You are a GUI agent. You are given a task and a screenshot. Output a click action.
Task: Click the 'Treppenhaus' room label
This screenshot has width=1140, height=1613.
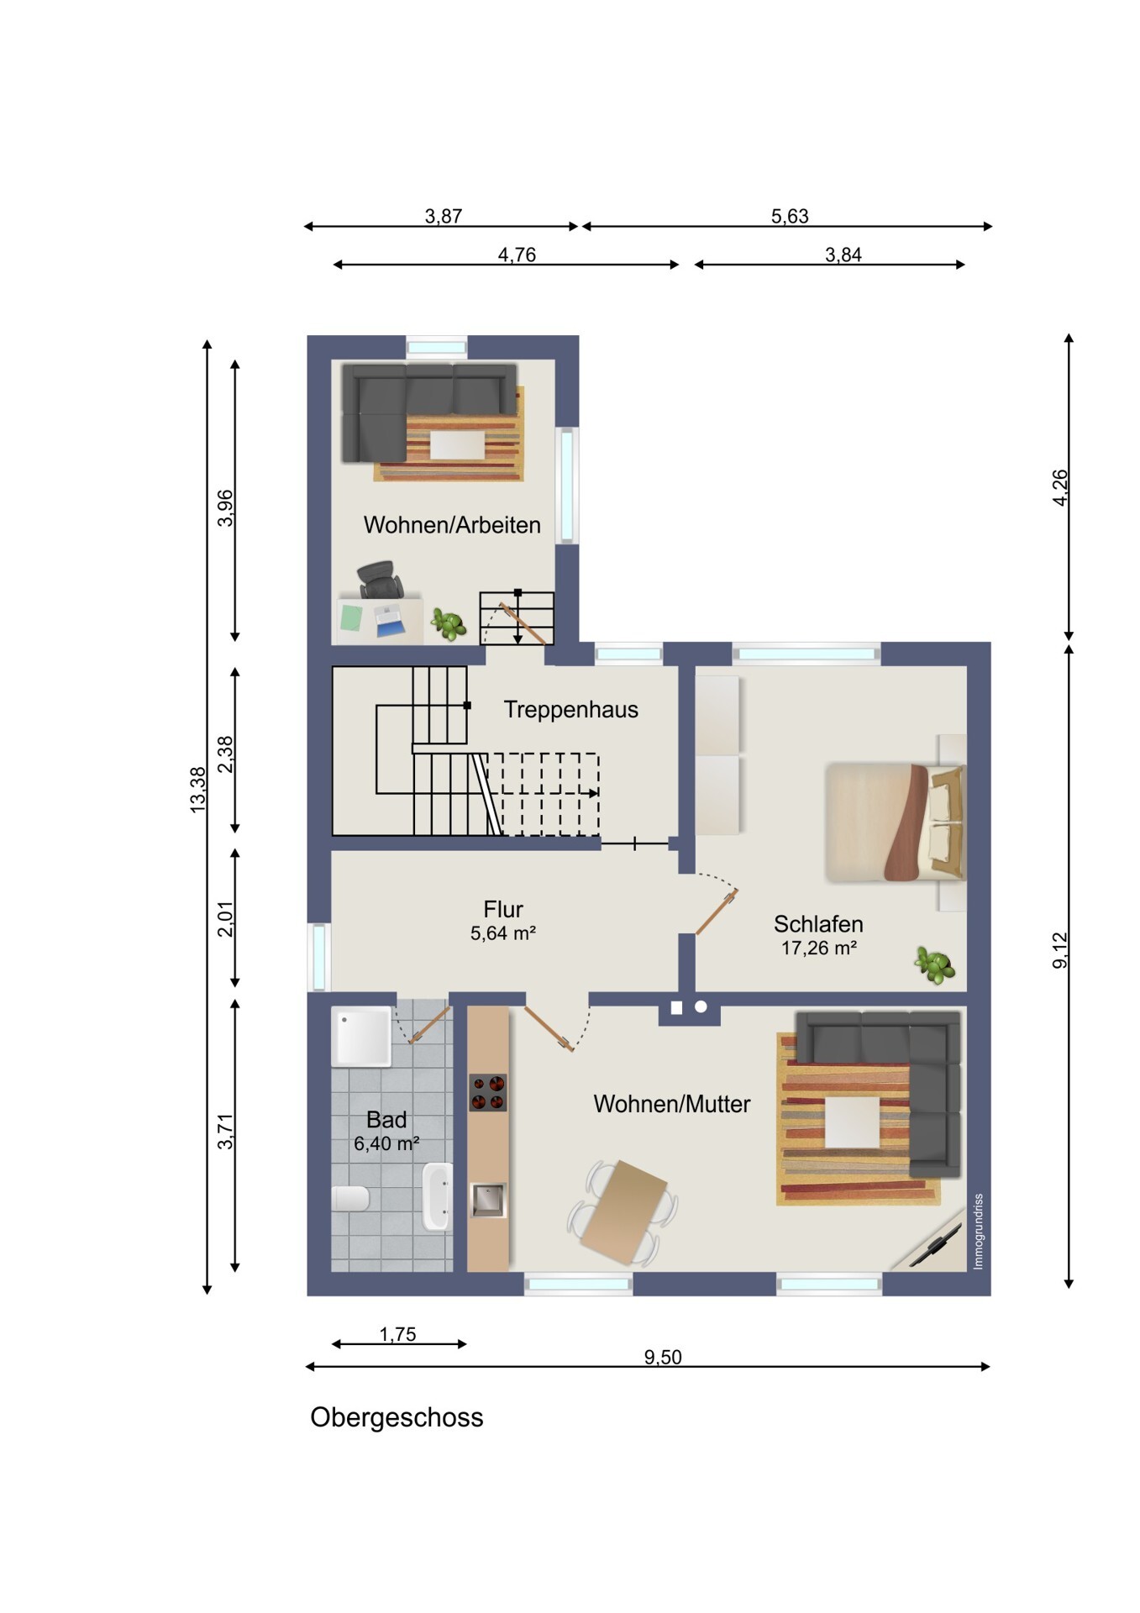point(570,710)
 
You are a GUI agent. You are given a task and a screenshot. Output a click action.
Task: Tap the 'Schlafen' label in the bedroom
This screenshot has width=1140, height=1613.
point(818,924)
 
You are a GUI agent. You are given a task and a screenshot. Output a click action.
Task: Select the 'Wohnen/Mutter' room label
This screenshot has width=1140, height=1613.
point(671,1104)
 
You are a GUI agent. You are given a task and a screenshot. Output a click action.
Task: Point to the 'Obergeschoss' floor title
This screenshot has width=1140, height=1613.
point(397,1417)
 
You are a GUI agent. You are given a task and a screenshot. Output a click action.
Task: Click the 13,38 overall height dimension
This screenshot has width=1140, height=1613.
point(198,790)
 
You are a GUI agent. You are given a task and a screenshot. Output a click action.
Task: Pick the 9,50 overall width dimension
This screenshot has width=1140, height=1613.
point(663,1357)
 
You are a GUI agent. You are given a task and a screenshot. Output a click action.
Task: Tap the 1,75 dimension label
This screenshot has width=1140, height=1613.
point(397,1334)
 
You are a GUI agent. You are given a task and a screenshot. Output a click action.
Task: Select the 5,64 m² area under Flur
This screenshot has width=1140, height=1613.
point(503,933)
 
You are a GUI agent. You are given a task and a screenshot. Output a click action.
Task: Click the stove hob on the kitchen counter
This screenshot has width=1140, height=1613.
point(488,1092)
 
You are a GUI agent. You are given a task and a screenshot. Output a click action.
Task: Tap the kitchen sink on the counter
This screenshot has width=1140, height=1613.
point(488,1200)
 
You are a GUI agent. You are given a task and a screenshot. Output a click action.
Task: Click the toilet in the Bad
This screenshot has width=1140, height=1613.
point(350,1198)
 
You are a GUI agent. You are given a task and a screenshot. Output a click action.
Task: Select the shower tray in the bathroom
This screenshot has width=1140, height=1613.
point(362,1037)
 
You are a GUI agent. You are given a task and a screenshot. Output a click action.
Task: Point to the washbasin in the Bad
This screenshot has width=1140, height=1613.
point(438,1196)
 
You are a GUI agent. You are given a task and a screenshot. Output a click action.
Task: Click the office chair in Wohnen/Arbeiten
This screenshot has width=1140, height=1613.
point(380,579)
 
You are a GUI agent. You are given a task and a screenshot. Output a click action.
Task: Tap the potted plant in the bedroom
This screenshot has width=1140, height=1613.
point(935,964)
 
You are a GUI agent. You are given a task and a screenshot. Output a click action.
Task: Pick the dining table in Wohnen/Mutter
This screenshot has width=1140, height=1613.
point(623,1212)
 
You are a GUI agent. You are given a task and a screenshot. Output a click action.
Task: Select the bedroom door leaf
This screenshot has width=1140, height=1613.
point(717,912)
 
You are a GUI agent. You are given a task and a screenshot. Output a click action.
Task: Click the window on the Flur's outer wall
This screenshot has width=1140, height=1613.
point(319,957)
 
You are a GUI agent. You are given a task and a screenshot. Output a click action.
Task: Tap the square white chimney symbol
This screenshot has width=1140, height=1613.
point(676,1007)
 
